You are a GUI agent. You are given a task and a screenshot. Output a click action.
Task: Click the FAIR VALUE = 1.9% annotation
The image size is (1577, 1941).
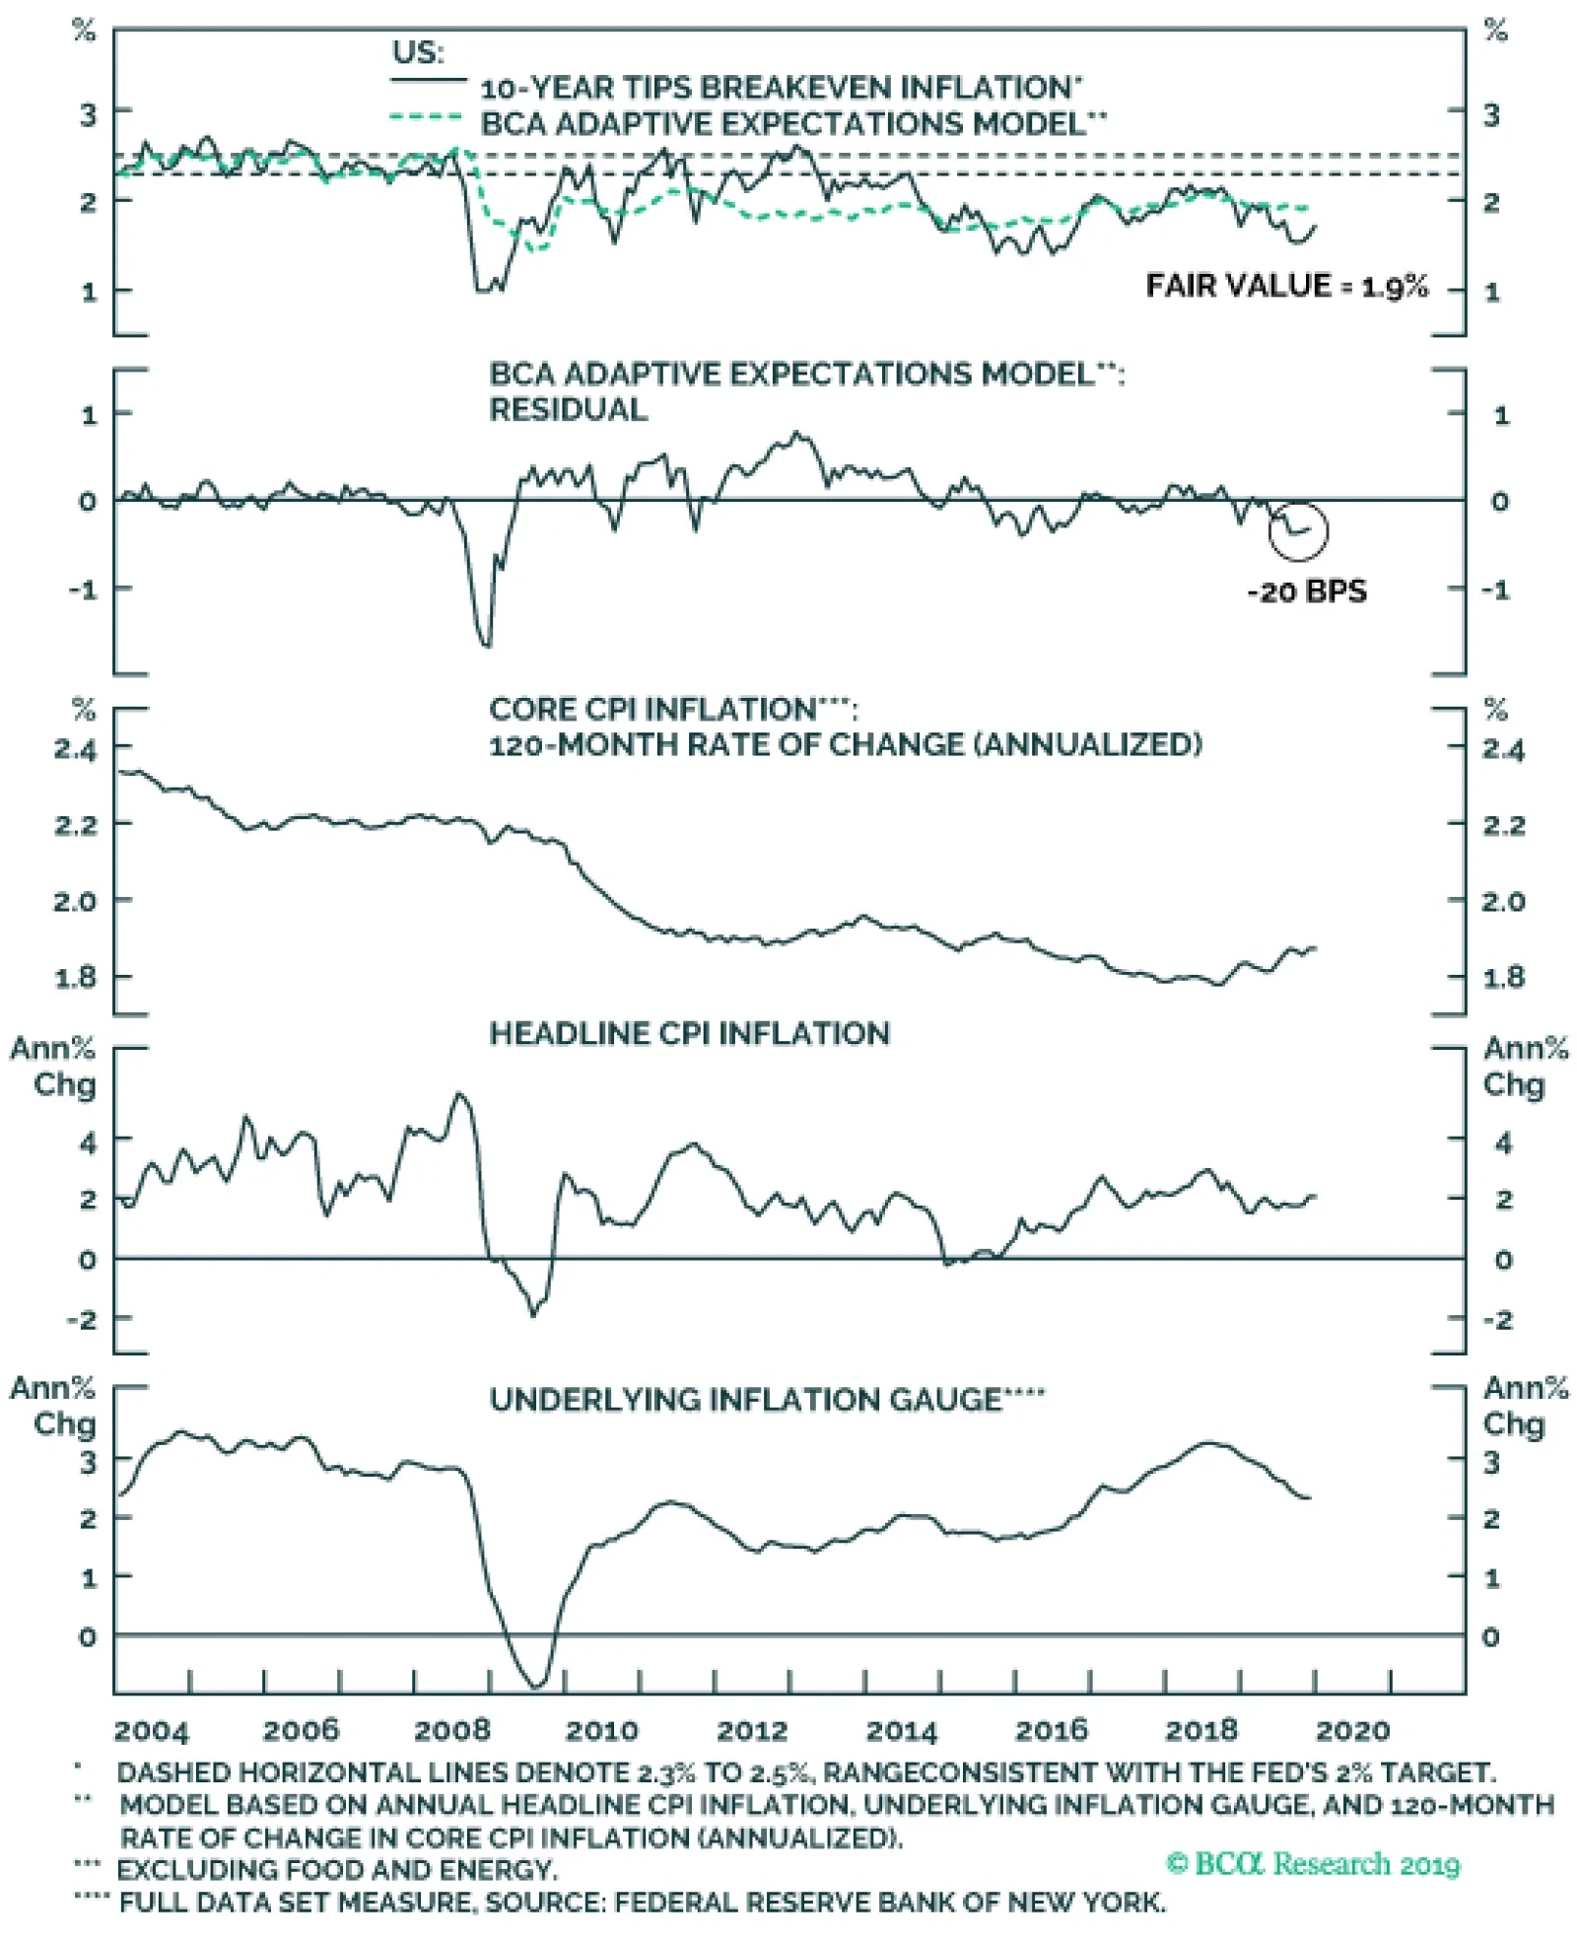click(x=1286, y=286)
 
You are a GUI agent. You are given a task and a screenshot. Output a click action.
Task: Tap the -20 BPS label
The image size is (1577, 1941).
click(x=1307, y=591)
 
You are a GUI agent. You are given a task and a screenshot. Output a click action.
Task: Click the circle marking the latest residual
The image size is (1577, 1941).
click(x=1298, y=529)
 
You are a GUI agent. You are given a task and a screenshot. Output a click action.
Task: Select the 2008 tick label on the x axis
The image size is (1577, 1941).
click(x=451, y=1729)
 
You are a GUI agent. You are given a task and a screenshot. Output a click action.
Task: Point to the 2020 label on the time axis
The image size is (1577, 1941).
click(x=1352, y=1729)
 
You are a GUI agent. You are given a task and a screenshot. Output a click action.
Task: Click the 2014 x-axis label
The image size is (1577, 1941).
click(x=901, y=1729)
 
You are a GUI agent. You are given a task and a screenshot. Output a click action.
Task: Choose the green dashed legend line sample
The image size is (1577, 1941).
click(x=426, y=117)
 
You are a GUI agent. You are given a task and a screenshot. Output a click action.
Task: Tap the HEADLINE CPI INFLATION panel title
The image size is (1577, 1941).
click(x=689, y=1033)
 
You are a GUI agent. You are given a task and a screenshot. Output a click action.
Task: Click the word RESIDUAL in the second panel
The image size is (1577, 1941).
click(x=569, y=409)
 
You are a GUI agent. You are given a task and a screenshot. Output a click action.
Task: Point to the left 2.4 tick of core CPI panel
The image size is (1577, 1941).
click(x=76, y=749)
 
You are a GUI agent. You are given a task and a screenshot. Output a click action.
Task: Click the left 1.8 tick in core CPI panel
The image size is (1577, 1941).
click(x=76, y=977)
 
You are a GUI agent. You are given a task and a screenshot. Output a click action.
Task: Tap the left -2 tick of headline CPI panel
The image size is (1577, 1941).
click(x=81, y=1318)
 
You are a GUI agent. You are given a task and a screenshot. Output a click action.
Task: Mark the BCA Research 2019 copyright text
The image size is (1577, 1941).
click(x=1312, y=1864)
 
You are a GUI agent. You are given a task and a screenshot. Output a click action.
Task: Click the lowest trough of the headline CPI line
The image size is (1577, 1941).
click(x=534, y=1314)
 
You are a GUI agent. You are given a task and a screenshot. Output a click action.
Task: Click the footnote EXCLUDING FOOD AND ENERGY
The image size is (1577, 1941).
click(x=337, y=1870)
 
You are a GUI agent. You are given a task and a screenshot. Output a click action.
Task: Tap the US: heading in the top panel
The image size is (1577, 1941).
click(x=418, y=52)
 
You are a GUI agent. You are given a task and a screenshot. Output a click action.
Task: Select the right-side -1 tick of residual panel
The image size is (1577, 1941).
click(x=1495, y=589)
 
